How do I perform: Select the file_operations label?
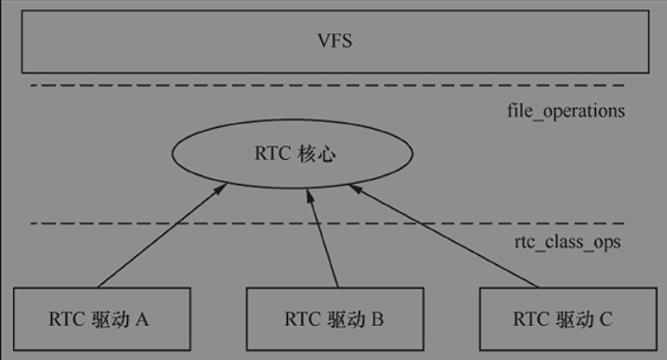[x=566, y=111]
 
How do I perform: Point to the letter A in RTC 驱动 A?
[x=142, y=319]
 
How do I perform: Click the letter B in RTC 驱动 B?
[x=376, y=319]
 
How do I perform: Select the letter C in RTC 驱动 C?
[x=605, y=319]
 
